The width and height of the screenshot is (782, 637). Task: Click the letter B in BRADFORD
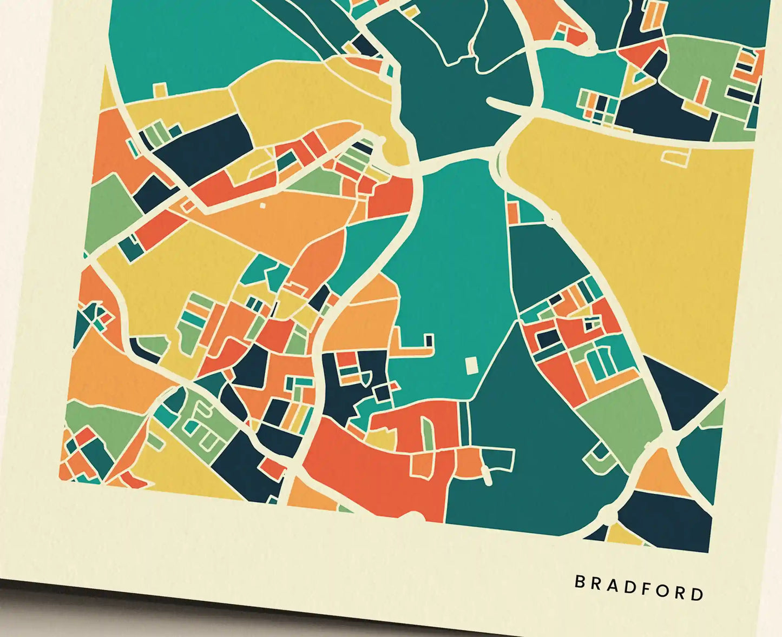(580, 582)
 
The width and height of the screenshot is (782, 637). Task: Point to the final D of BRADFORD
(698, 594)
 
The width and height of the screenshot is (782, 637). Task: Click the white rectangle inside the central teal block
(472, 365)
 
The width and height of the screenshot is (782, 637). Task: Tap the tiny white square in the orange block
(263, 205)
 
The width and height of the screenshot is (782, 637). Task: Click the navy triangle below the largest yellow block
(676, 395)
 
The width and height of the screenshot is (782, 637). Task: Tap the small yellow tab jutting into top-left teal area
(160, 89)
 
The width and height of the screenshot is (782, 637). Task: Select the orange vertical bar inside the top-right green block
(703, 89)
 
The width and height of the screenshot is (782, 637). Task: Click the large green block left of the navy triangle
(622, 416)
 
